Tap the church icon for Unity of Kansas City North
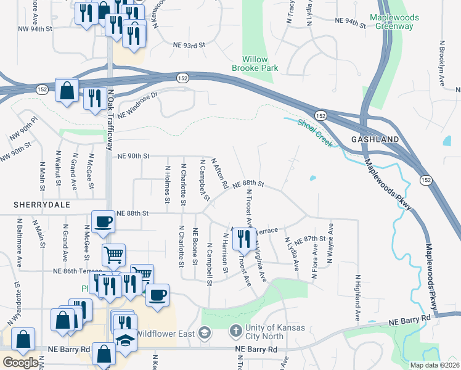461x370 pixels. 235,332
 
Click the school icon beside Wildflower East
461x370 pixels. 205,334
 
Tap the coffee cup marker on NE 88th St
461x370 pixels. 103,222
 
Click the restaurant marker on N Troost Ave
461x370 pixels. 244,239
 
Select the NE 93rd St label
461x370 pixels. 189,45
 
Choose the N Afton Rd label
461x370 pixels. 220,173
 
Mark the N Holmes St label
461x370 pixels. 168,184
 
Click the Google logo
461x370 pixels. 20,363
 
